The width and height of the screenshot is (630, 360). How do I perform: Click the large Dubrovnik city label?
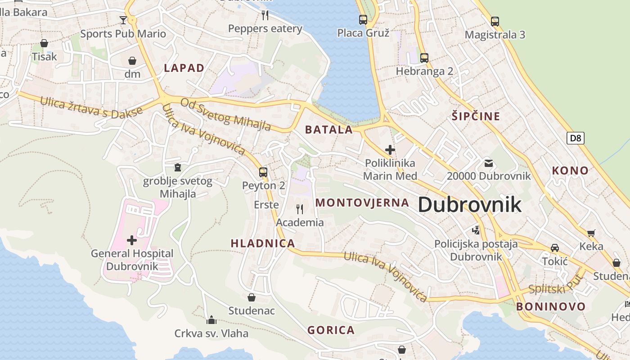tap(470, 205)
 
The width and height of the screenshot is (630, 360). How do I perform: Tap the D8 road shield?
tap(576, 138)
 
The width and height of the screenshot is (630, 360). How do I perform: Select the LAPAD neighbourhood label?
tap(184, 68)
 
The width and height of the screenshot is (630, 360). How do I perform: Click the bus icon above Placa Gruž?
tap(363, 19)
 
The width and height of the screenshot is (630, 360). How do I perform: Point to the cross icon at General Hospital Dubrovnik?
tap(132, 240)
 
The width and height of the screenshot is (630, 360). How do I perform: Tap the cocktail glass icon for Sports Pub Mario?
tap(123, 20)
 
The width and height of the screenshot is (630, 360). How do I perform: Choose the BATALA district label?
tap(329, 130)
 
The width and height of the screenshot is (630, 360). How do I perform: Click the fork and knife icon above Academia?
tap(300, 209)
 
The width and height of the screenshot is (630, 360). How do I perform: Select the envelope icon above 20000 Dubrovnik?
tap(489, 163)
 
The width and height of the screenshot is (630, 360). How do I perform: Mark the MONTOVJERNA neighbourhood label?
tap(362, 202)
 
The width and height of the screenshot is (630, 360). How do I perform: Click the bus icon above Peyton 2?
tap(263, 172)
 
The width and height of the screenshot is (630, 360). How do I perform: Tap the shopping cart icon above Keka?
tap(591, 233)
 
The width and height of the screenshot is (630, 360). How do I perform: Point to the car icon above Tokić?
tap(555, 248)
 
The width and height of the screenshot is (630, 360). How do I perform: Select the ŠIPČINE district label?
tap(476, 117)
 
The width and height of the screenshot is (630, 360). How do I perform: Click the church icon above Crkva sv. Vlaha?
tap(211, 320)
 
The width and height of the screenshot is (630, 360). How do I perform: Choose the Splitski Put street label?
tap(555, 284)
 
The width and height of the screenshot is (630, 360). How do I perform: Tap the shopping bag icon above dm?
tap(132, 60)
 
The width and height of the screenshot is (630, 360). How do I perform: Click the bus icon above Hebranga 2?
tap(424, 58)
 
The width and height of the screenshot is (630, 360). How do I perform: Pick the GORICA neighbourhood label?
tap(331, 330)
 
